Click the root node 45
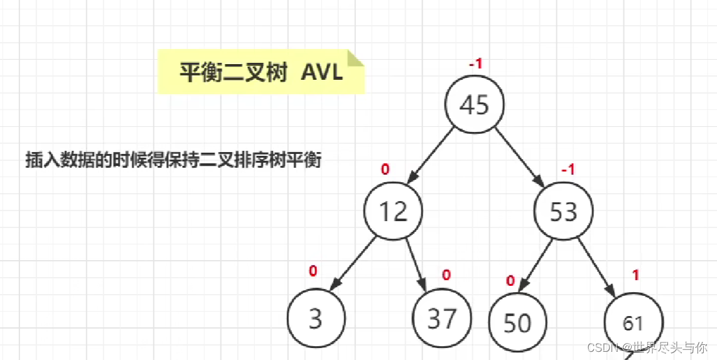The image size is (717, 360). click(x=474, y=105)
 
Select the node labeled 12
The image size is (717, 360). click(x=393, y=211)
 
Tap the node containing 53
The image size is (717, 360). click(x=563, y=211)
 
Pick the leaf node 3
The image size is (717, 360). click(x=316, y=319)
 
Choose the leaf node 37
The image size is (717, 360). click(x=441, y=319)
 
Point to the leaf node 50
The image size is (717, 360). click(x=517, y=322)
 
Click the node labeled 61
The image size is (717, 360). click(x=633, y=323)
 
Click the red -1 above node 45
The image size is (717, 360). click(x=475, y=64)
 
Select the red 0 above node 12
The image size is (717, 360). click(x=385, y=169)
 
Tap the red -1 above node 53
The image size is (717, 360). click(x=568, y=170)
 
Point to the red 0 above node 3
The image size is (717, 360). click(x=313, y=271)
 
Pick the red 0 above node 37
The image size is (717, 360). click(x=446, y=275)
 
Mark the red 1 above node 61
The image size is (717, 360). click(x=636, y=275)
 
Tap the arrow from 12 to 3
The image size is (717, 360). click(x=353, y=264)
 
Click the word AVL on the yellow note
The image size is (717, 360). click(x=322, y=72)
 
